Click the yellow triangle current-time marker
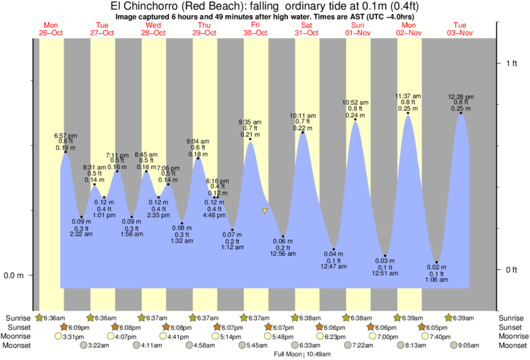[265, 211]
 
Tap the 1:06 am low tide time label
[436, 280]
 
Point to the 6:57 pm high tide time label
[65, 136]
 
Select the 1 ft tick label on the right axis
[511, 63]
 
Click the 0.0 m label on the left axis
[15, 275]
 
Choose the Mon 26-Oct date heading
[50, 29]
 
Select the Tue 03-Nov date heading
[461, 29]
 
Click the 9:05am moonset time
[466, 345]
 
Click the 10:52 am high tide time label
[356, 102]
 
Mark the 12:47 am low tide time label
[334, 266]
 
